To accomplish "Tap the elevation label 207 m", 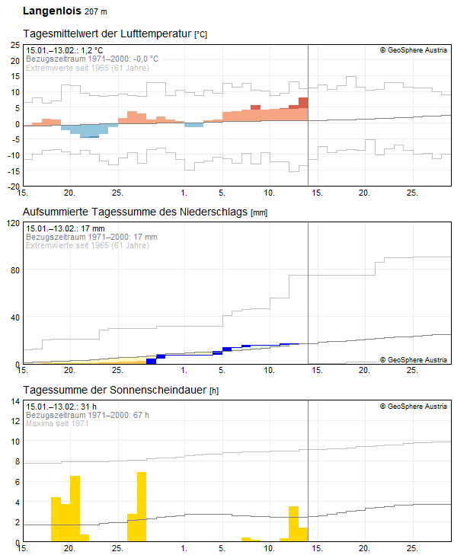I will click(x=95, y=12).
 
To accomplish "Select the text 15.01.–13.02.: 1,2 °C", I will click(x=64, y=50).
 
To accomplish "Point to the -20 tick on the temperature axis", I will click(x=14, y=186).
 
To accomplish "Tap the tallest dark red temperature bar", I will click(x=303, y=103).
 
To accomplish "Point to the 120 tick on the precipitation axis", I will click(x=12, y=223).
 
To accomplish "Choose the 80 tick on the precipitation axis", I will click(x=14, y=270).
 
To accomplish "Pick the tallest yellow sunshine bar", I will click(x=142, y=506).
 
